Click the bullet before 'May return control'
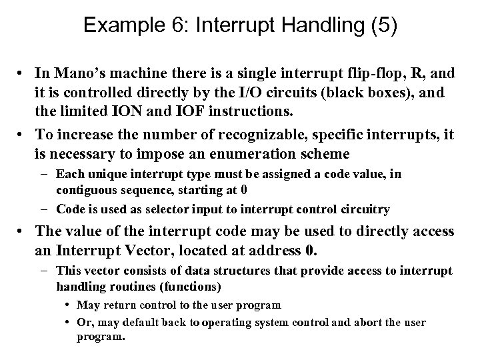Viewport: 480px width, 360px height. click(69, 305)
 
